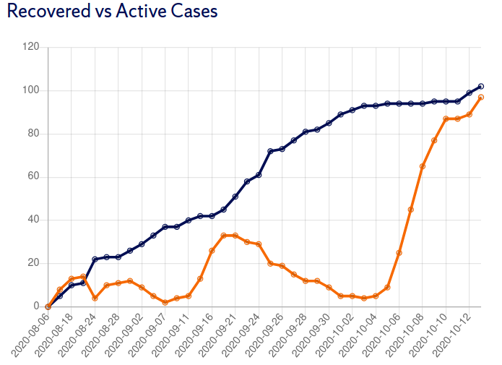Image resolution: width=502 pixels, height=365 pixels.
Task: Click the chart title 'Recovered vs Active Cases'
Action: [x=112, y=12]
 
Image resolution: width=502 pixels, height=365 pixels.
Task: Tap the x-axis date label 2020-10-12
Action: [x=447, y=334]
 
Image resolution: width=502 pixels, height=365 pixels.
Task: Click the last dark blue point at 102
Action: [x=481, y=87]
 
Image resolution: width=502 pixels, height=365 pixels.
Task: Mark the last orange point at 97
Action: [x=481, y=98]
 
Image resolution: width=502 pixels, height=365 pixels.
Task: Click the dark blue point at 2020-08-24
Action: [x=95, y=259]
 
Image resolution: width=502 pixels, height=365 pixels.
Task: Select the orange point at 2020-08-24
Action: [x=95, y=298]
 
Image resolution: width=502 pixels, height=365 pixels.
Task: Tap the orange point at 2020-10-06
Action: [x=399, y=253]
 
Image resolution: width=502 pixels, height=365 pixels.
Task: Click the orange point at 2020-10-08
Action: [x=423, y=166]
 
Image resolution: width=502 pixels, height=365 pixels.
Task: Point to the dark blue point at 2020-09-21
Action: [x=235, y=197]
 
